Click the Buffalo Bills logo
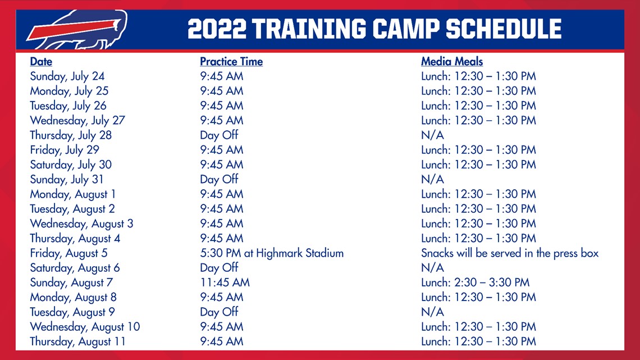[x=77, y=29]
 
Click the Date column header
[x=41, y=62]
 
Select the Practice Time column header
[x=231, y=62]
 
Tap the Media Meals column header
[x=452, y=62]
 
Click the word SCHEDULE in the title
[x=504, y=29]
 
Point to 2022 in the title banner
[x=217, y=29]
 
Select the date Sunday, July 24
[x=67, y=76]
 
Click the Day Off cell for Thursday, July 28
[x=219, y=135]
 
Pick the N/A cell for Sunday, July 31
[x=432, y=179]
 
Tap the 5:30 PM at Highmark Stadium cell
[x=271, y=253]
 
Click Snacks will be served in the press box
[x=510, y=253]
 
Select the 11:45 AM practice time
[x=225, y=282]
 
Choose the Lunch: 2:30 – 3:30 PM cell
[x=475, y=282]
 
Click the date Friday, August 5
[x=68, y=253]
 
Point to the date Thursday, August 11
[x=77, y=341]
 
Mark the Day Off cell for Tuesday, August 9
[x=219, y=312]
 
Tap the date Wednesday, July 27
[x=77, y=120]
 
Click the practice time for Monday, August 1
[x=221, y=194]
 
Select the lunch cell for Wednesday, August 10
[x=478, y=326]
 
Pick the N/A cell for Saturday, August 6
[x=432, y=268]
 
